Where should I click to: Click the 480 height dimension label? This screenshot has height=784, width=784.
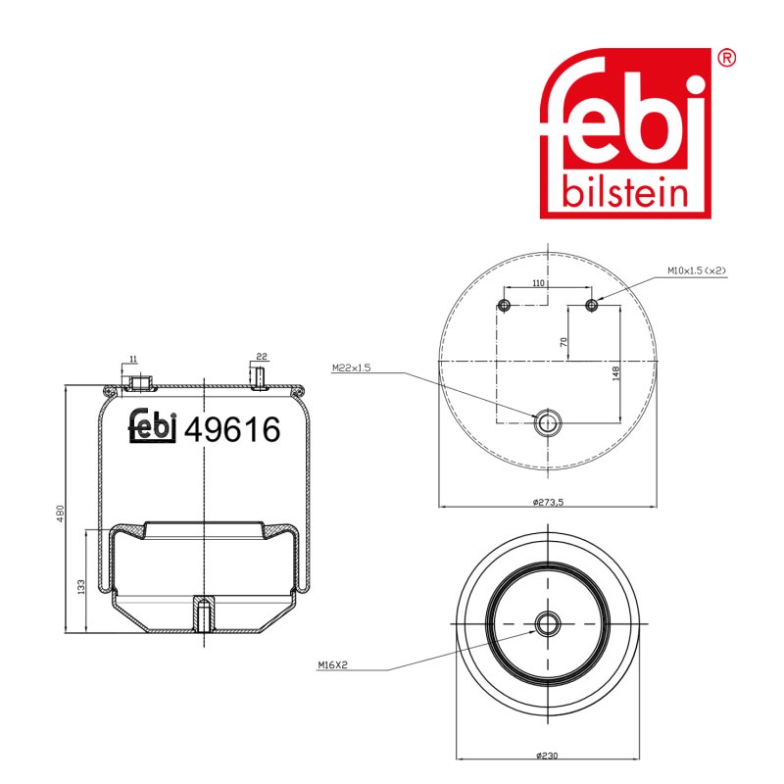click(60, 514)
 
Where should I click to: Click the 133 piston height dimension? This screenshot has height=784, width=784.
click(81, 586)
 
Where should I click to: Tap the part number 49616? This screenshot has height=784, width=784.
click(232, 429)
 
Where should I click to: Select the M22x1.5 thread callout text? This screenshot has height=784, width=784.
click(352, 368)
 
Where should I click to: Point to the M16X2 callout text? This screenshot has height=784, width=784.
click(332, 665)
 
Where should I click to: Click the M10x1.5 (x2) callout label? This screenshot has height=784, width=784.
click(697, 270)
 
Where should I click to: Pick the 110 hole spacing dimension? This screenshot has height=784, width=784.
click(538, 283)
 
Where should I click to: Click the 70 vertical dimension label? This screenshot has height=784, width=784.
click(563, 342)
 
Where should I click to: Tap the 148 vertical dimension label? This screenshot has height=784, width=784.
click(615, 373)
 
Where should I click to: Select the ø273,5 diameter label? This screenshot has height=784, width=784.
click(549, 502)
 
